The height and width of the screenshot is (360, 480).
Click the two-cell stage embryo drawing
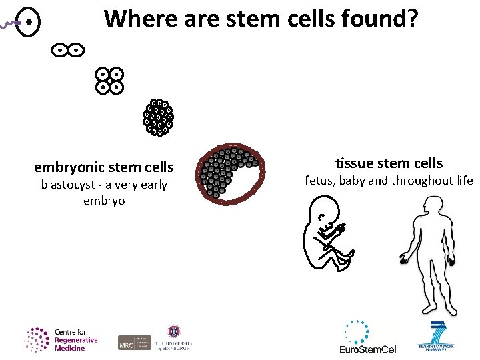67,49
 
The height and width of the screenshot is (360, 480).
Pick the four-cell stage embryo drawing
109,80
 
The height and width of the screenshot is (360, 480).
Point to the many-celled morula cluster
158,117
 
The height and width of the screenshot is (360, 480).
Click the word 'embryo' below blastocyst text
104,201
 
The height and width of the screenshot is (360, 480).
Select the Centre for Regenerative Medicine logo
61,339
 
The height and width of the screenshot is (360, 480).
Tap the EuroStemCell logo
369,338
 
